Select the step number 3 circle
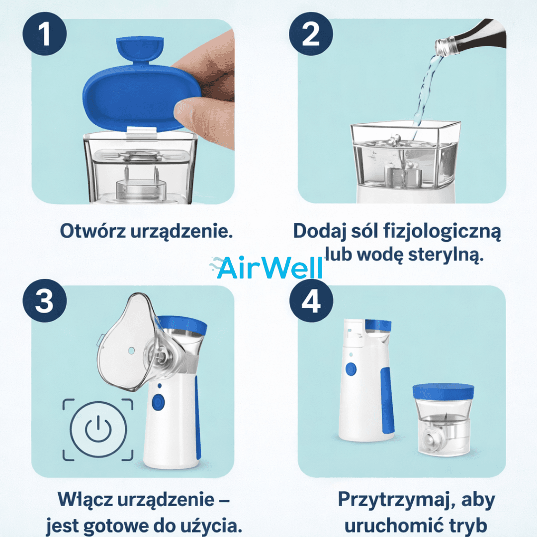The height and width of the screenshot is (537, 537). (45, 301)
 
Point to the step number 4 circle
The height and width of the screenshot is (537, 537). (311, 301)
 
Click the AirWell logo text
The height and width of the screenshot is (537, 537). (268, 268)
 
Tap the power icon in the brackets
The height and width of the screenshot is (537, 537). (98, 429)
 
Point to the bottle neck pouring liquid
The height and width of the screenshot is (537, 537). (450, 46)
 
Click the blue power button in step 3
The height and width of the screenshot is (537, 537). (159, 402)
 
